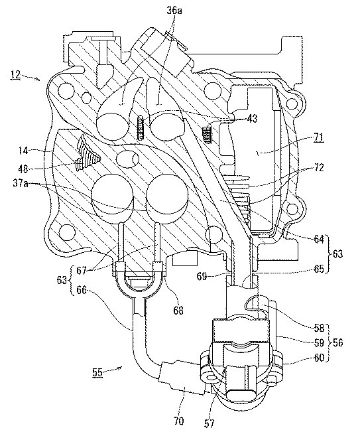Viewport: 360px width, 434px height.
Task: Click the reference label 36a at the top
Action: pos(175,11)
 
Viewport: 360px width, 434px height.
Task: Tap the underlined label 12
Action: pos(16,74)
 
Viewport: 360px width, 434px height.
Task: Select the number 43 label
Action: pos(252,119)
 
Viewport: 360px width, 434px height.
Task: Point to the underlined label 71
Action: pos(319,137)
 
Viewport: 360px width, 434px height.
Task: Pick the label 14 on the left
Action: pos(24,151)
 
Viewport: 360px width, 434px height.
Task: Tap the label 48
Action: pos(24,168)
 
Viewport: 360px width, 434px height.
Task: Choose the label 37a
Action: pos(20,184)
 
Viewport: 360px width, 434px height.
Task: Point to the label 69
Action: pos(202,276)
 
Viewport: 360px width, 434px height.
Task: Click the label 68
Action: pos(178,310)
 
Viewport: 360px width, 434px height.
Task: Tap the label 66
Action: pos(81,291)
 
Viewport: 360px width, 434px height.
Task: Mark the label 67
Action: pos(82,270)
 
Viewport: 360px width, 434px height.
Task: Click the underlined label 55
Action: pos(97,372)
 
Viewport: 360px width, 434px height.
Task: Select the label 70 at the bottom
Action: pos(178,421)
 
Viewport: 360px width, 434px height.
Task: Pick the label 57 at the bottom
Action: pos(209,423)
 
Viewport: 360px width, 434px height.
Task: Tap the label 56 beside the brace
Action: pos(337,342)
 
